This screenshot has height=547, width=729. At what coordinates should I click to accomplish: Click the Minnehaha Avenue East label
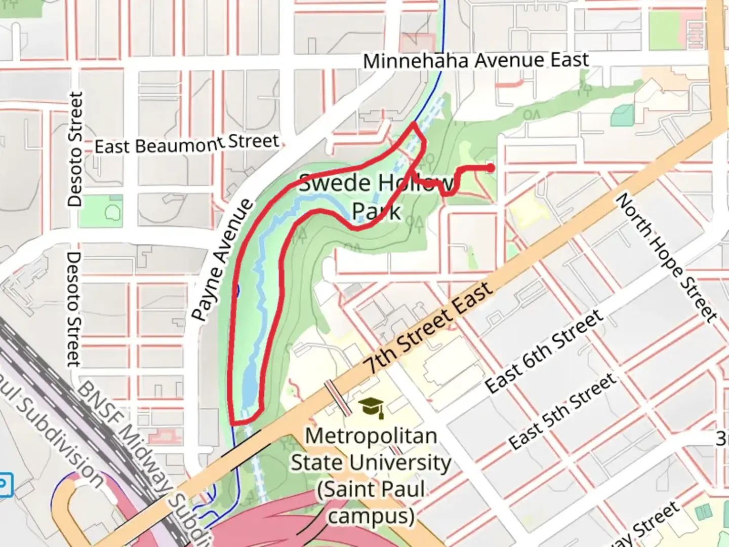[x=476, y=61]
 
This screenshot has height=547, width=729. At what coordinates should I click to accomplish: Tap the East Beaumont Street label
[x=187, y=144]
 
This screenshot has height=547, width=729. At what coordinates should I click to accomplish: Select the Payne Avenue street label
[x=223, y=259]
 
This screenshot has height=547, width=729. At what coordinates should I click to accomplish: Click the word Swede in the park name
[x=335, y=183]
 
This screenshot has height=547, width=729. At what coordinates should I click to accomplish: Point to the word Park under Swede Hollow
[x=376, y=211]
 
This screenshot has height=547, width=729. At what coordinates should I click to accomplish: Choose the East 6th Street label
[x=544, y=351]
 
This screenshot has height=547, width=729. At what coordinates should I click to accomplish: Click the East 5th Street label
[x=562, y=411]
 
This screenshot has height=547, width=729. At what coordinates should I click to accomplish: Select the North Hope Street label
[x=666, y=257]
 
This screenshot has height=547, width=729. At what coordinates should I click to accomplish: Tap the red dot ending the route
[x=490, y=168]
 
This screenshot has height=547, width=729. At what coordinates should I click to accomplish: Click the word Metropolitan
[x=371, y=436]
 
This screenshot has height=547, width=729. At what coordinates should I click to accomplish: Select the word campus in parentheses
[x=371, y=516]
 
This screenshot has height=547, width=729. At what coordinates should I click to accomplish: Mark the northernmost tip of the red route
[x=415, y=123]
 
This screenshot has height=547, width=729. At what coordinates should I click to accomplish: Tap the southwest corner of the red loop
[x=232, y=422]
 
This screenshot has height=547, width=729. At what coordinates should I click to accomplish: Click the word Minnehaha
[x=415, y=61]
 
